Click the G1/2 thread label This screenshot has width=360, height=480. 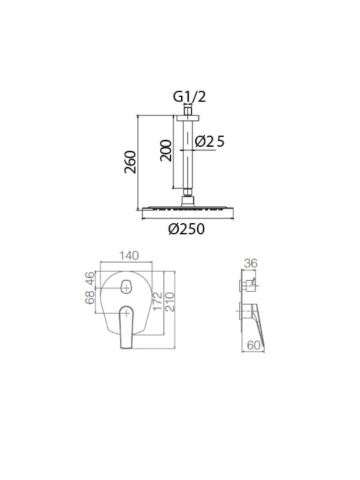(x=189, y=97)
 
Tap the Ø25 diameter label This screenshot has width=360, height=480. (x=210, y=141)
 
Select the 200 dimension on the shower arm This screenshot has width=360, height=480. (x=165, y=150)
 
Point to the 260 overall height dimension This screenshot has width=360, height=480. (x=130, y=162)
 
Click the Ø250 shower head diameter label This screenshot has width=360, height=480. (x=187, y=229)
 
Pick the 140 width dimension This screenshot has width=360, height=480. (x=129, y=255)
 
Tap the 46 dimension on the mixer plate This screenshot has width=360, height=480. (x=90, y=278)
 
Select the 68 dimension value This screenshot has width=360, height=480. (x=90, y=297)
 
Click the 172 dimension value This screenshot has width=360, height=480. (x=157, y=301)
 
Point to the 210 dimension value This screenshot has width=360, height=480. (x=170, y=302)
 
